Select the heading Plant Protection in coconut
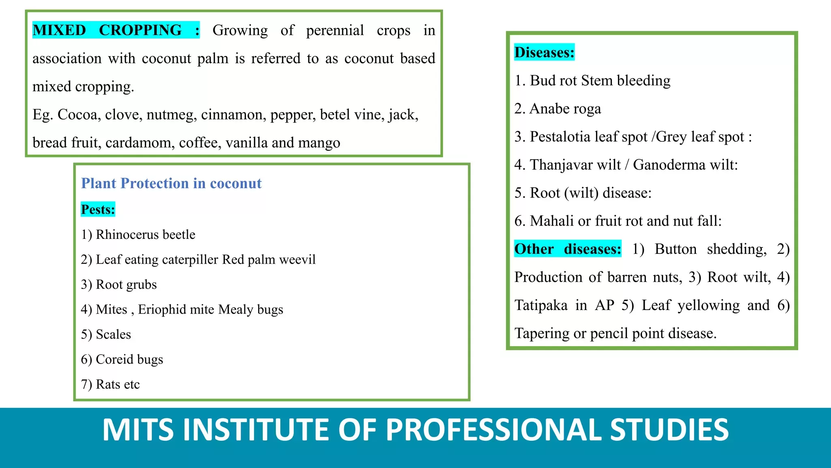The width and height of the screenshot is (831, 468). [x=171, y=183]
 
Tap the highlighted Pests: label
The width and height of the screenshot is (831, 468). [x=98, y=209]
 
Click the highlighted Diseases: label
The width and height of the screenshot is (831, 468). [x=544, y=52]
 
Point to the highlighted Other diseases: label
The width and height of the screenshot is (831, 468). [x=568, y=249]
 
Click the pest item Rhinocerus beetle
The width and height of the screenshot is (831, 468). [x=138, y=234]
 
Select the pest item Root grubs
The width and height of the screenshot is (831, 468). [x=118, y=284]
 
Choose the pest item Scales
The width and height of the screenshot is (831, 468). [x=106, y=334]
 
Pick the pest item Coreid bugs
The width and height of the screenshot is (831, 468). [x=122, y=359]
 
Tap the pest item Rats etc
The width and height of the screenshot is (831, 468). [x=110, y=384]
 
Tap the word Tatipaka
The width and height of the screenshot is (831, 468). [x=541, y=305]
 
